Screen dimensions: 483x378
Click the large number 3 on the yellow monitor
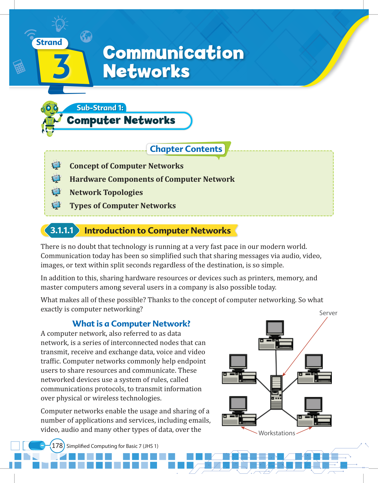click(62, 66)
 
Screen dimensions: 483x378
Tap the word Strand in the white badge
click(49, 43)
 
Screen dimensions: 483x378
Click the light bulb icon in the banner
click(60, 24)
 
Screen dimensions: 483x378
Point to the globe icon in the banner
click(86, 37)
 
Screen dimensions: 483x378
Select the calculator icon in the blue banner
click(19, 67)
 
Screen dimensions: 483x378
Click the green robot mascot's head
click(50, 108)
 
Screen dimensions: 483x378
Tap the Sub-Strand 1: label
click(100, 108)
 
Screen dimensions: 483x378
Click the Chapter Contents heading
click(186, 149)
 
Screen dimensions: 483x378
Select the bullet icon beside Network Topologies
click(56, 192)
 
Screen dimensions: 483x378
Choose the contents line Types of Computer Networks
click(123, 206)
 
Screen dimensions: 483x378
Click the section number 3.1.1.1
click(62, 230)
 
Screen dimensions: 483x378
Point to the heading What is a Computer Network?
click(131, 324)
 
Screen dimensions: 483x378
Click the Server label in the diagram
click(328, 313)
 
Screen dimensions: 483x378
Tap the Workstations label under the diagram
click(277, 433)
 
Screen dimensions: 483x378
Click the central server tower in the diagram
click(276, 392)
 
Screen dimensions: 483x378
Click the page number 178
click(57, 446)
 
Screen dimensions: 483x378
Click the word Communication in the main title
click(173, 53)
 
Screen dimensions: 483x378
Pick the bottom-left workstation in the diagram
click(239, 412)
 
